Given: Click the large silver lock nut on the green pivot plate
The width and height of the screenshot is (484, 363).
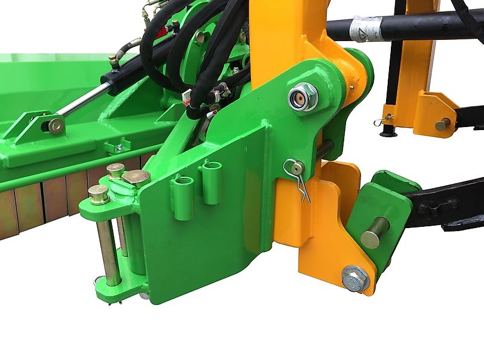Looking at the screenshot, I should [301, 97].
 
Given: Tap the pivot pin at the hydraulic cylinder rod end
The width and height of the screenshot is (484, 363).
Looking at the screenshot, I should [56, 125].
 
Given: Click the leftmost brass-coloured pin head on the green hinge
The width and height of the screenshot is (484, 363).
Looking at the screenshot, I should [99, 194].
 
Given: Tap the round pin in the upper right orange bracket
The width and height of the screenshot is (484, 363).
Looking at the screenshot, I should [443, 124].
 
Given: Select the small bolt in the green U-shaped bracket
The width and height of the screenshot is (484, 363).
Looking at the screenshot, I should [119, 147].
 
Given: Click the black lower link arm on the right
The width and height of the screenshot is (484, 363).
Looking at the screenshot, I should [448, 206].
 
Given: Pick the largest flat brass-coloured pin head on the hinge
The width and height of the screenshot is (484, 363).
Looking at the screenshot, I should [136, 177].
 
